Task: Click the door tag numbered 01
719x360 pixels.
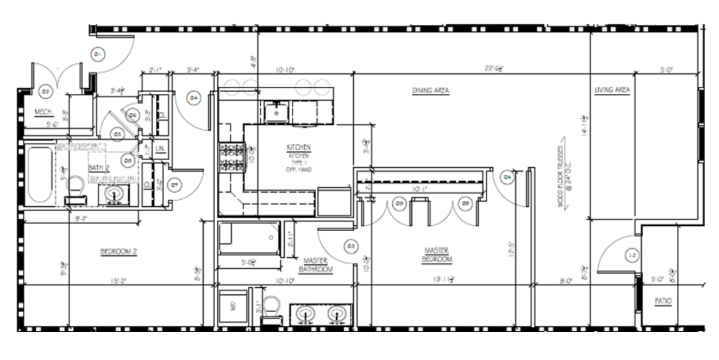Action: coord(98,55)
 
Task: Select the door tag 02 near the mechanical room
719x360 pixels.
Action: coord(45,91)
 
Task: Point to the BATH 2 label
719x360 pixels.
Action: coord(96,168)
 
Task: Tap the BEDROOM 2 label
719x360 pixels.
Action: coord(119,251)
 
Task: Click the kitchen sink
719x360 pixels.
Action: coord(276,111)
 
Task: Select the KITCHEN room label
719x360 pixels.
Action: coord(299,147)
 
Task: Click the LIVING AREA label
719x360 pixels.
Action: coord(612,90)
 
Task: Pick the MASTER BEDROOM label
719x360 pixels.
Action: coord(438,255)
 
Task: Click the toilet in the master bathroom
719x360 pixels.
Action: coord(273,310)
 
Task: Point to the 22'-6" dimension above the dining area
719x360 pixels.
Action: coord(494,68)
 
